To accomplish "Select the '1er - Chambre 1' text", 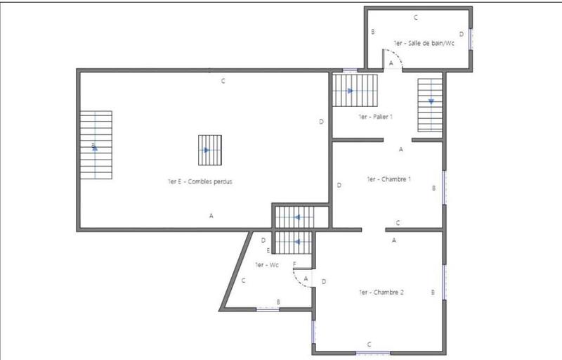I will point(388,179).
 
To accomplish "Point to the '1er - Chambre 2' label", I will point(381,292).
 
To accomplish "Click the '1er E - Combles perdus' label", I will point(200,181).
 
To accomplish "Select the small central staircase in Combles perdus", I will point(209,150).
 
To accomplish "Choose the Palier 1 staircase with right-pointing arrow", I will point(355,90).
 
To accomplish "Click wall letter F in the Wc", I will point(294,264).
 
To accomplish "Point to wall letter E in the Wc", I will point(268,250).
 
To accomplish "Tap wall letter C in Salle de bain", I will point(416,17).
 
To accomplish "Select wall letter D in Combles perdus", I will point(321,122).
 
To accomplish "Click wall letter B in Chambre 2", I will point(433,292).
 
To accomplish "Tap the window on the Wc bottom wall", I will point(268,309).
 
